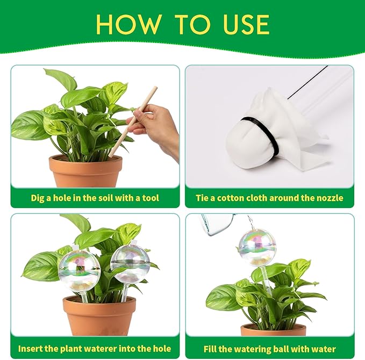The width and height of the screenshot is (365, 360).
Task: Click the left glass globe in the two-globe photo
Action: click(80, 270)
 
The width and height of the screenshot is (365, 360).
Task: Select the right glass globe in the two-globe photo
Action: click(130, 264)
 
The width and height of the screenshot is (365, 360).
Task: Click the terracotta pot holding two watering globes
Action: click(99, 315)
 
